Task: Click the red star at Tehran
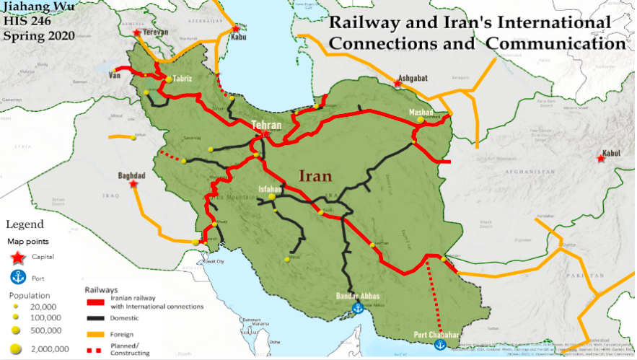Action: tap(266, 133)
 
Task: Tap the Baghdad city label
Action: tap(131, 175)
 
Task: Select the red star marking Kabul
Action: tap(601, 158)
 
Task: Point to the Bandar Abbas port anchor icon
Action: tap(356, 308)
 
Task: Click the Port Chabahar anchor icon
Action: tap(436, 346)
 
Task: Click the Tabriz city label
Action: tap(182, 79)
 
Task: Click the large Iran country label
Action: tap(316, 175)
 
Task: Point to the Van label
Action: tap(114, 74)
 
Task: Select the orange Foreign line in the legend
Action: tap(96, 334)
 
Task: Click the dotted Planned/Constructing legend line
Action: tap(96, 351)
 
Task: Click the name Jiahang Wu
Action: tap(35, 8)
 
